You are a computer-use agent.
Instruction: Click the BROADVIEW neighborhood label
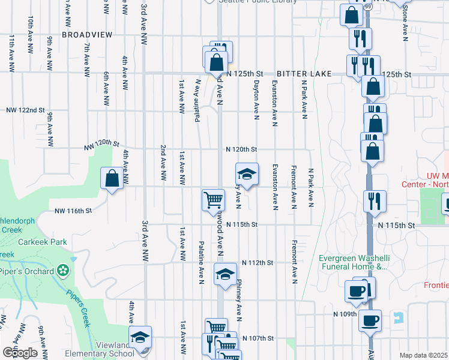87,35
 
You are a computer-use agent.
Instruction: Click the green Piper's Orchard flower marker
63,271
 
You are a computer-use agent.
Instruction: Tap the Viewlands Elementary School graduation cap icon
140,337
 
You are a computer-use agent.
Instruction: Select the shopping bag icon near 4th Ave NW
112,178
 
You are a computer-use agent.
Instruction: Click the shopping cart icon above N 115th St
213,200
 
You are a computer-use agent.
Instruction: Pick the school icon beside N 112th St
225,274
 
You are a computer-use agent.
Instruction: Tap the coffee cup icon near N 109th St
370,319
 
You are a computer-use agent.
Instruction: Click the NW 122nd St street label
26,110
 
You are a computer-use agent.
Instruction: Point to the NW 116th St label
73,211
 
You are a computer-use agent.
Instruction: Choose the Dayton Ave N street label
256,99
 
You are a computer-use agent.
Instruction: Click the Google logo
19,352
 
